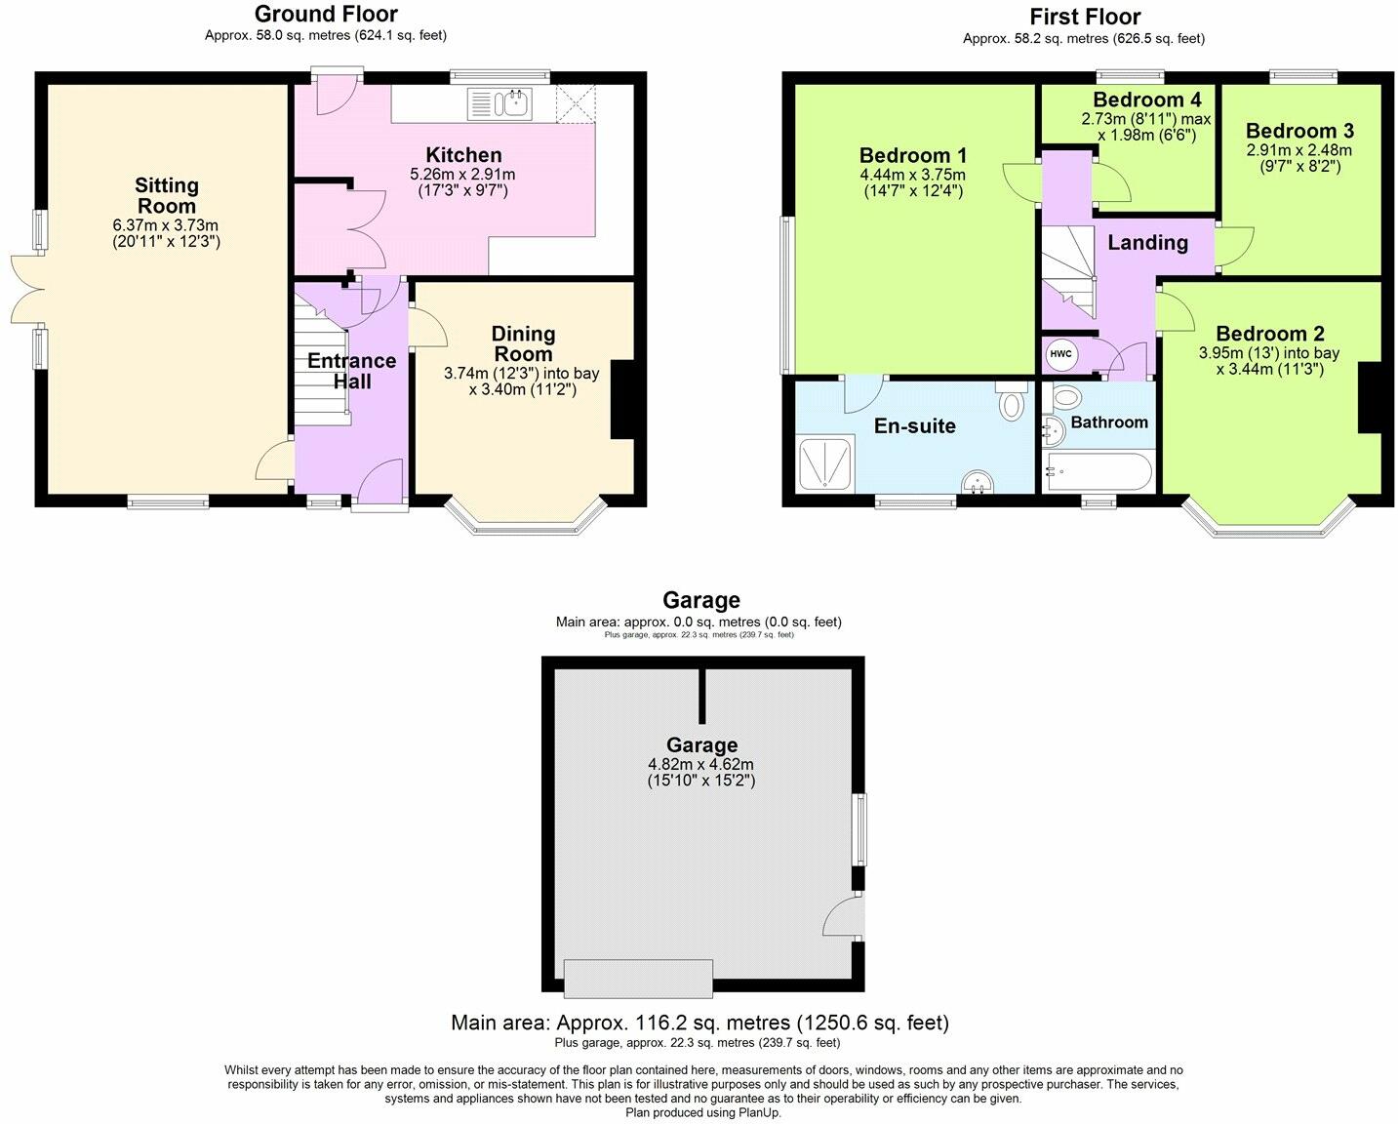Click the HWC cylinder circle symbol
(1061, 355)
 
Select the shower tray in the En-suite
(825, 462)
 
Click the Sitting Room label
(166, 195)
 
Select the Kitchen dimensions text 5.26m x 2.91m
(462, 175)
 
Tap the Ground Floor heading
(326, 14)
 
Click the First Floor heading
(1084, 17)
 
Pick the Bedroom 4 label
(1146, 100)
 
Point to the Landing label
(1147, 243)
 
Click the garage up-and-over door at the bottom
(638, 978)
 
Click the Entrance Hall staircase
(322, 361)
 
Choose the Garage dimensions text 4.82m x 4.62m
(700, 765)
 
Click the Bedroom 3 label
(1299, 131)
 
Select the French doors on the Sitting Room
(26, 290)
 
